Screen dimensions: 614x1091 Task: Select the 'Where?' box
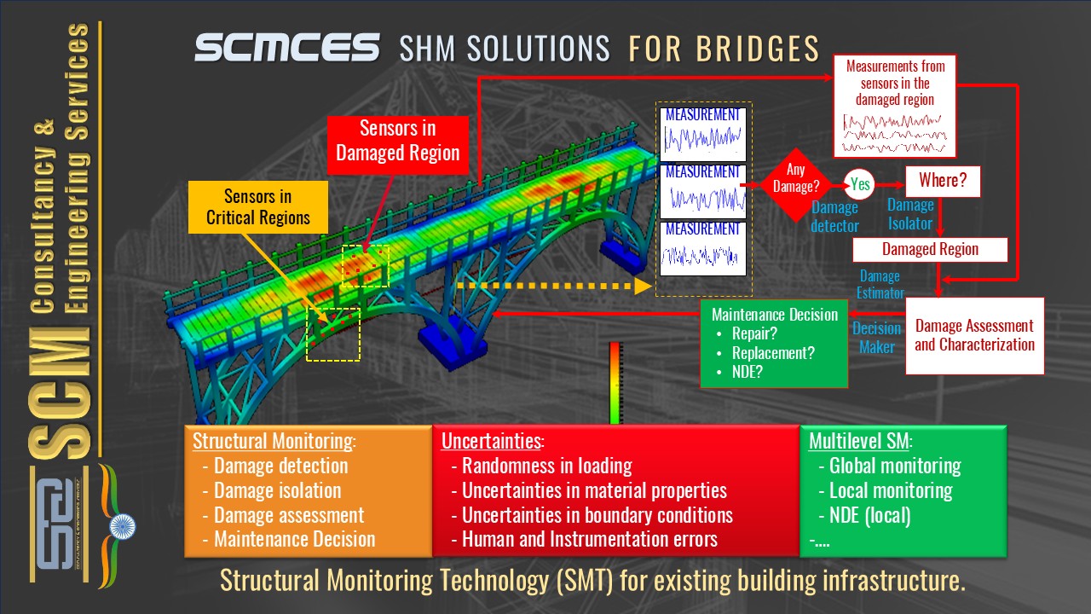(943, 182)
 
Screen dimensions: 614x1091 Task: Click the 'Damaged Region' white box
(930, 250)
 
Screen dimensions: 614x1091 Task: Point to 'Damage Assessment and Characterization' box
(974, 335)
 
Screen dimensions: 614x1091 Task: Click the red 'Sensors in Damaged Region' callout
(398, 142)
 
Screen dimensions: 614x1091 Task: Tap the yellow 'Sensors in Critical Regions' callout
(257, 207)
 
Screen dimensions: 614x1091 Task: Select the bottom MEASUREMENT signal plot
(703, 248)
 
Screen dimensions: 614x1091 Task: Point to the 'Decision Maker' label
(876, 337)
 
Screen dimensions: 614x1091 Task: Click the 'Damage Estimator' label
(880, 285)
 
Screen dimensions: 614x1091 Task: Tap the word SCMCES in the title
(286, 48)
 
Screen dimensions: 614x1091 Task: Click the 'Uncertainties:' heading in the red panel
(491, 442)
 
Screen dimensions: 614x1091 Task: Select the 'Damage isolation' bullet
(277, 491)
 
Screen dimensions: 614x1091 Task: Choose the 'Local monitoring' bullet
(891, 490)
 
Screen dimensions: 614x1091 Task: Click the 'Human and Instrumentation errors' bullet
(590, 539)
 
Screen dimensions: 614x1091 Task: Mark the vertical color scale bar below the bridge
(615, 382)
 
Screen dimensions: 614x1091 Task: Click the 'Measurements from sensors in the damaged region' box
(895, 107)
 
